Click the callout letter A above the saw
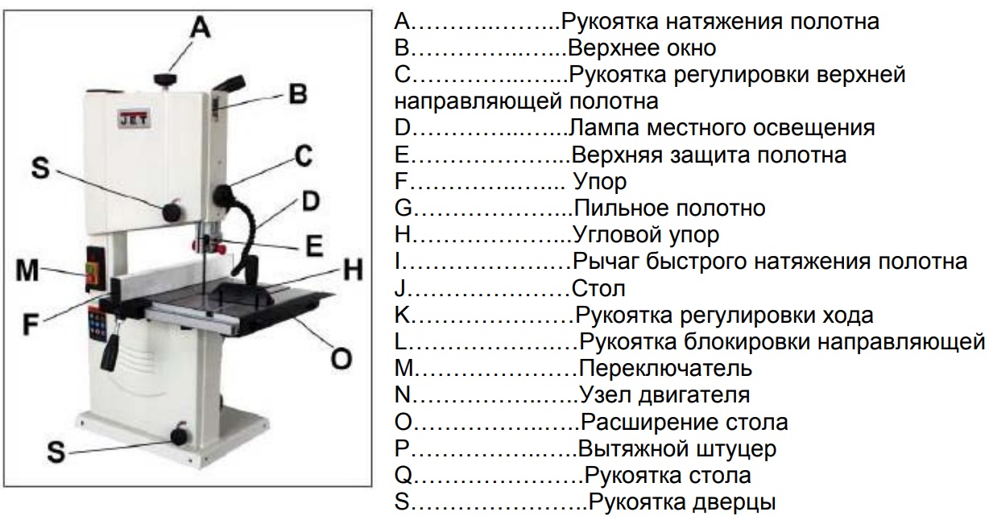point(201,28)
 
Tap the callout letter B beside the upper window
point(297,94)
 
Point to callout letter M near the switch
point(27,270)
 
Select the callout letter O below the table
point(341,358)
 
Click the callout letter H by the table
point(354,270)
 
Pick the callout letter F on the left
point(31,324)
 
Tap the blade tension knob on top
point(165,79)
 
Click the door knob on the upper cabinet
point(172,213)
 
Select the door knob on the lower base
point(180,436)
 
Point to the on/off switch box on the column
point(95,270)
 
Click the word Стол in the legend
point(598,288)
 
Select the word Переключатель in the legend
point(665,368)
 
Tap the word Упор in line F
point(599,182)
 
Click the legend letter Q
point(403,476)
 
